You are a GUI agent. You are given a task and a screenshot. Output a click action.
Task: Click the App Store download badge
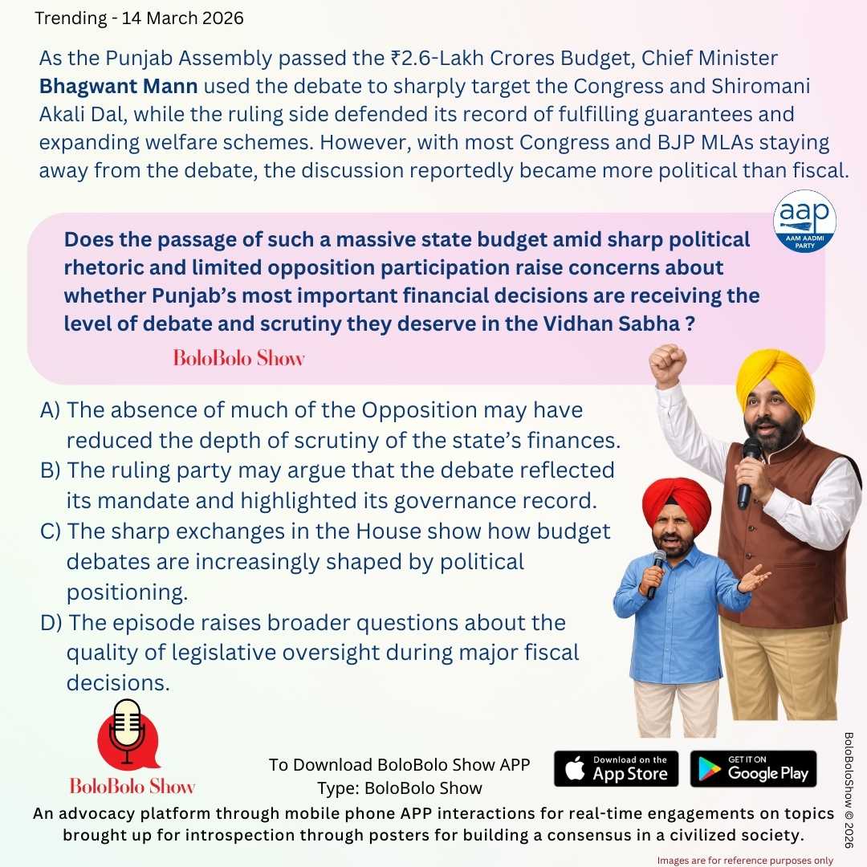[616, 768]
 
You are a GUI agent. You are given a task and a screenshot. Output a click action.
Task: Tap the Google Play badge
[753, 768]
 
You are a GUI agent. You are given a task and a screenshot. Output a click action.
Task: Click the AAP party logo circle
[804, 222]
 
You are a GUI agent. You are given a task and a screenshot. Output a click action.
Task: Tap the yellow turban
[775, 377]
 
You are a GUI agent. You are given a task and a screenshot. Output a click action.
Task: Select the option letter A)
[51, 410]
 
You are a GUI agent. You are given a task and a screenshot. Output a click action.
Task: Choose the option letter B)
[51, 470]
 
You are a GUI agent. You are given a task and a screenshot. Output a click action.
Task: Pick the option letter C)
[51, 531]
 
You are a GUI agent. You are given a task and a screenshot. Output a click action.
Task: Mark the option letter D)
[52, 623]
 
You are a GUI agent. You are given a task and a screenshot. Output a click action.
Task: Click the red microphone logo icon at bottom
[128, 735]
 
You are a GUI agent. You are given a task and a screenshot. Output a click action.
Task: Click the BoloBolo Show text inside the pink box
[239, 358]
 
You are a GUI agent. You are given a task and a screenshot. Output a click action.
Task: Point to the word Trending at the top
[70, 18]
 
